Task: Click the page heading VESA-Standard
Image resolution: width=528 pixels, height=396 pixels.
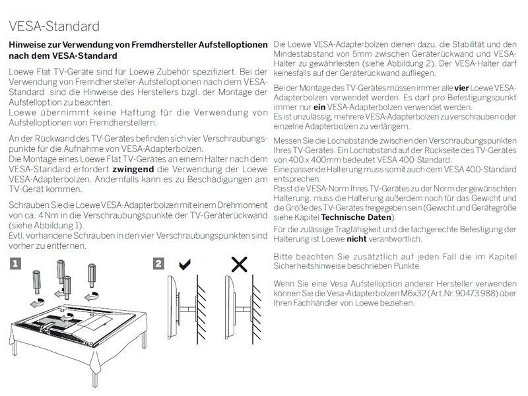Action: pyautogui.click(x=54, y=26)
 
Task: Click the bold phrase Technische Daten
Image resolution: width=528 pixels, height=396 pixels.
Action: pyautogui.click(x=356, y=217)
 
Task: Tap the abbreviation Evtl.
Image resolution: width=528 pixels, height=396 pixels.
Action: pyautogui.click(x=17, y=236)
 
